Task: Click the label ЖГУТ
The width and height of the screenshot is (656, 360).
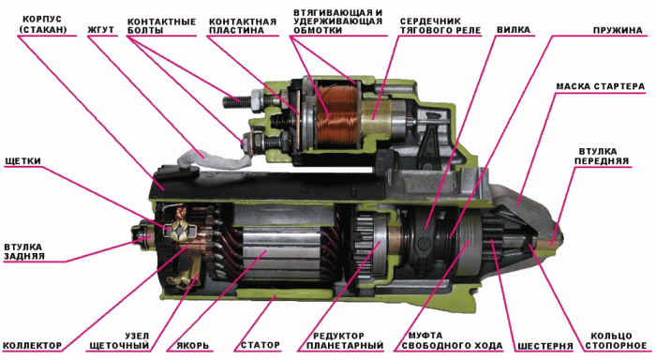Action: tap(100, 30)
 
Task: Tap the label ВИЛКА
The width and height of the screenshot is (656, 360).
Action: tap(514, 30)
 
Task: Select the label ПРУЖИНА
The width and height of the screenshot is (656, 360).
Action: tap(618, 30)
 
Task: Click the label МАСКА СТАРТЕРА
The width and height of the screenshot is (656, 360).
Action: tap(601, 86)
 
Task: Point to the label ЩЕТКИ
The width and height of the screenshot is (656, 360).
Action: tap(23, 161)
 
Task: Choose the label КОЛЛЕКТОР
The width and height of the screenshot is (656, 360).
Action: tap(32, 346)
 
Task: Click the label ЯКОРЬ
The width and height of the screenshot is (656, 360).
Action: tap(192, 346)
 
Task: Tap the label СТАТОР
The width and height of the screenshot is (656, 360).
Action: tap(261, 345)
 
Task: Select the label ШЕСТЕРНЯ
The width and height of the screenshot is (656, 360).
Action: tap(545, 346)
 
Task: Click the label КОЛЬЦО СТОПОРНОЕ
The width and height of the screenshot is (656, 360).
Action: tap(616, 340)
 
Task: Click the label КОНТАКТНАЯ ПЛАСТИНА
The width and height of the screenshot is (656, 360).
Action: tap(243, 26)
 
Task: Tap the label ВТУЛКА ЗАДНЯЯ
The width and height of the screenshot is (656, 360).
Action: tap(23, 251)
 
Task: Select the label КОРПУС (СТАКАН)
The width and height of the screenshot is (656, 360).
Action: tap(43, 24)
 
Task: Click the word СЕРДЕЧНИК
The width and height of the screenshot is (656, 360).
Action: tap(430, 21)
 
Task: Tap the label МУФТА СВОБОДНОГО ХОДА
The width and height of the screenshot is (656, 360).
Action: tap(450, 340)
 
